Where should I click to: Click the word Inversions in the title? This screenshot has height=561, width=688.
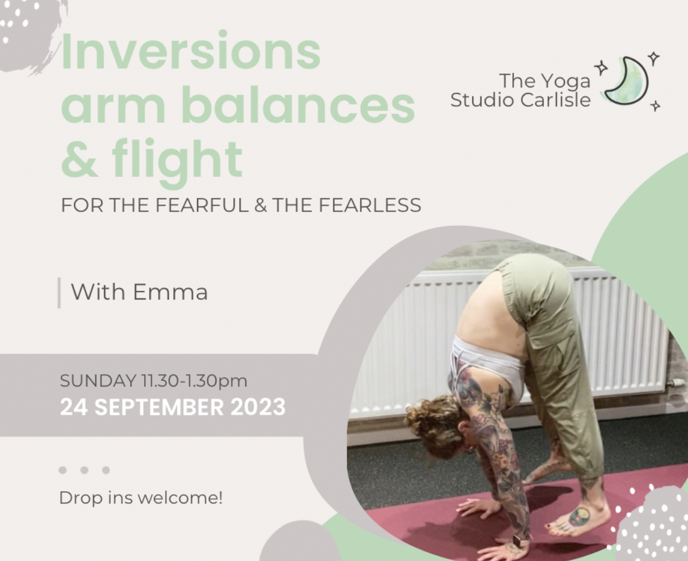tap(191, 52)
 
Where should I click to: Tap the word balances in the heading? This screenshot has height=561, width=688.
tap(298, 105)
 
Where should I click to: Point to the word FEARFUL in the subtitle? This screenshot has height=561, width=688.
tap(202, 205)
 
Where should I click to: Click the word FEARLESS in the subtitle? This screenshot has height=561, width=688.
tap(370, 205)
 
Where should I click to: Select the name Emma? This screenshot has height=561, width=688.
tap(170, 292)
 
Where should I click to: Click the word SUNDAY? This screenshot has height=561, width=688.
tap(98, 381)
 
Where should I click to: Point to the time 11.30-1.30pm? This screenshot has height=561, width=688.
tap(194, 381)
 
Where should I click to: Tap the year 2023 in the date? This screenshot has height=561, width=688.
tap(258, 407)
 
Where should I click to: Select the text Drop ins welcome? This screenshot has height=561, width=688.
tap(141, 498)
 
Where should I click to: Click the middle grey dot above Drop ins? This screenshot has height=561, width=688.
tap(84, 471)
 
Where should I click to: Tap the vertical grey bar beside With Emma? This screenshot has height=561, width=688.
tap(59, 293)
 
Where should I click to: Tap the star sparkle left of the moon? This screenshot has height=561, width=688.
tap(601, 68)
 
